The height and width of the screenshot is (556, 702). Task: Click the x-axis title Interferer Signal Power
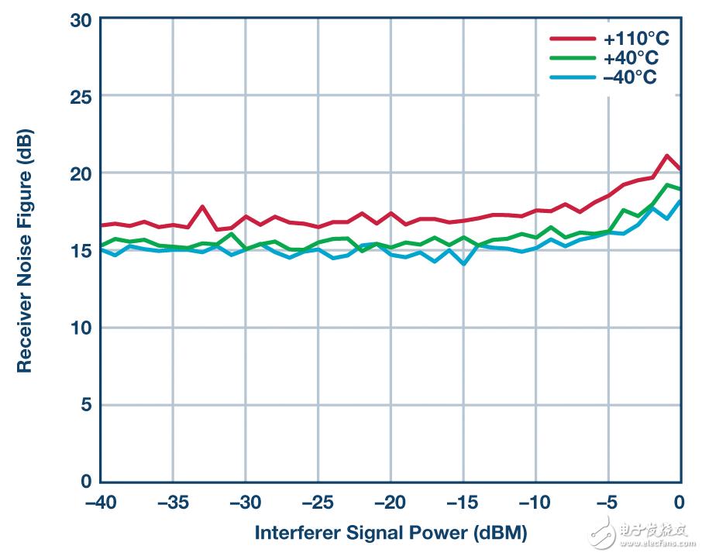point(391,533)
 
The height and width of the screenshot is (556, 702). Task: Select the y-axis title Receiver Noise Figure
point(25,249)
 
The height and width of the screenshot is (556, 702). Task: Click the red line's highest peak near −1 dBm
point(666,156)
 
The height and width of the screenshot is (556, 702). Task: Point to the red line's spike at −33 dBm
point(202,207)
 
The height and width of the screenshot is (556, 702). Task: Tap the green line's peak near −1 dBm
point(666,185)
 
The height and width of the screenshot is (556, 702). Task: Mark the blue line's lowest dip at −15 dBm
point(463,264)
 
